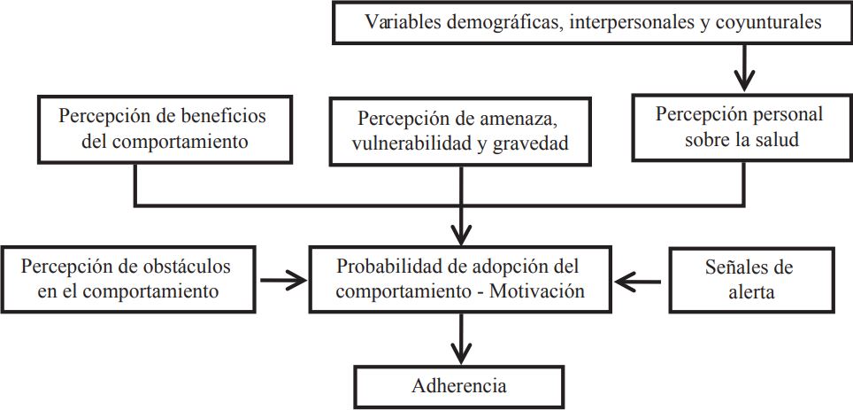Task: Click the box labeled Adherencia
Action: coord(459,385)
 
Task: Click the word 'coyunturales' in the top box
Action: coord(772,23)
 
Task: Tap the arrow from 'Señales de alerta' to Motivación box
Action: coord(638,282)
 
